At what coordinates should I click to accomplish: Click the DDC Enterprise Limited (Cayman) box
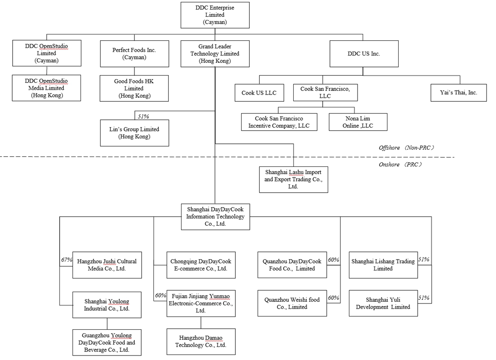point(215,15)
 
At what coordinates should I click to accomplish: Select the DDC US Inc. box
point(364,54)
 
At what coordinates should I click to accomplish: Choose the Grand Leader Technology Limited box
point(215,54)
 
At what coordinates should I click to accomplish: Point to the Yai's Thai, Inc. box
point(459,93)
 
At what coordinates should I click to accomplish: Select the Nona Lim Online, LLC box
point(358,122)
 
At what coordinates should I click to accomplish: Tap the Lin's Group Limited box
point(134,133)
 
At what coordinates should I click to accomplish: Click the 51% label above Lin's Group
point(143,116)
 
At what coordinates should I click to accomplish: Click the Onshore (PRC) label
point(401,165)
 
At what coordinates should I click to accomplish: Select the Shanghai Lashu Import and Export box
point(293,179)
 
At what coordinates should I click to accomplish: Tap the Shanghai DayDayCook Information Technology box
point(215,217)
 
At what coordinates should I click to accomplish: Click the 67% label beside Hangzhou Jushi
point(67,260)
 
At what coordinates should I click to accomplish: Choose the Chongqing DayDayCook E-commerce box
point(200,265)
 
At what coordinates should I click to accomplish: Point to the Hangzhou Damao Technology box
point(201,341)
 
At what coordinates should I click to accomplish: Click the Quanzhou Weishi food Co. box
point(292,303)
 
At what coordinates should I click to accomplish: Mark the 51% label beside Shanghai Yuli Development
point(424,298)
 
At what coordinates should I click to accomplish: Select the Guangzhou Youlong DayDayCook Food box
point(107,342)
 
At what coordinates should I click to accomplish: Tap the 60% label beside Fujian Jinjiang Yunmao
point(160,296)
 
